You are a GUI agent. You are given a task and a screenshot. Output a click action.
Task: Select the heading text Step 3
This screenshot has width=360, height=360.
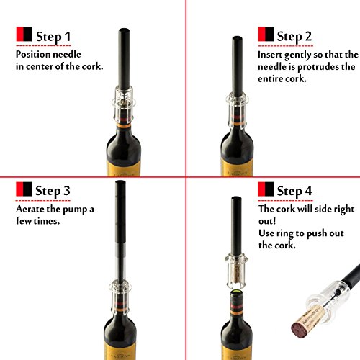[70, 191]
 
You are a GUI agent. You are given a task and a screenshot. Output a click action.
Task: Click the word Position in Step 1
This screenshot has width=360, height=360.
[35, 54]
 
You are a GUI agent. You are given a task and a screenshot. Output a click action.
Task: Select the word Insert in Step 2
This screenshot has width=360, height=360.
[273, 55]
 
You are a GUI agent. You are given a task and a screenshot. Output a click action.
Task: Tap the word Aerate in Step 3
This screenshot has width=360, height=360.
[32, 209]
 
